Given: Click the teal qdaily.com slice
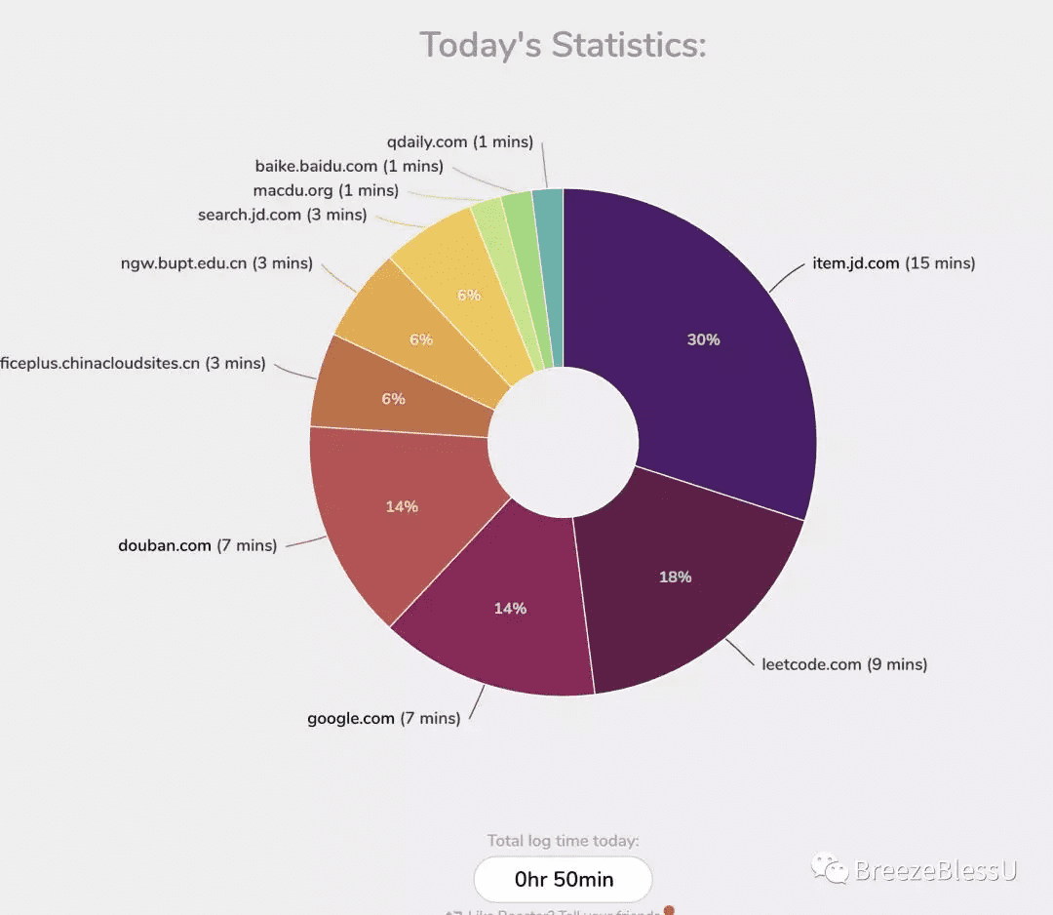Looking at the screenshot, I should [549, 273].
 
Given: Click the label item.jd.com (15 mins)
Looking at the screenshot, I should [893, 263].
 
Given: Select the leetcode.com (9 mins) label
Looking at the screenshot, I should [844, 664].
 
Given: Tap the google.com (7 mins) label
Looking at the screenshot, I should [383, 719].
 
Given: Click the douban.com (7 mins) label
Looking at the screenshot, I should [197, 545].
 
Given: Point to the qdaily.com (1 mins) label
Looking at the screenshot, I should [459, 142].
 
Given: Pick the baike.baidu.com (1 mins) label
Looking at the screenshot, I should [349, 167].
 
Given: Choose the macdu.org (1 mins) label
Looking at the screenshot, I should [326, 190].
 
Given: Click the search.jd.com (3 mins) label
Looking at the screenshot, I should [282, 215].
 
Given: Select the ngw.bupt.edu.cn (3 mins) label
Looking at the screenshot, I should [216, 263].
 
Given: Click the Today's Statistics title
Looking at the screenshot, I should [563, 45].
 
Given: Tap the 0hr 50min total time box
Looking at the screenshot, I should [564, 879].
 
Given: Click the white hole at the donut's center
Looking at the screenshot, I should [564, 442].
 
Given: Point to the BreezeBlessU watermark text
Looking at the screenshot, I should [934, 870].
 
